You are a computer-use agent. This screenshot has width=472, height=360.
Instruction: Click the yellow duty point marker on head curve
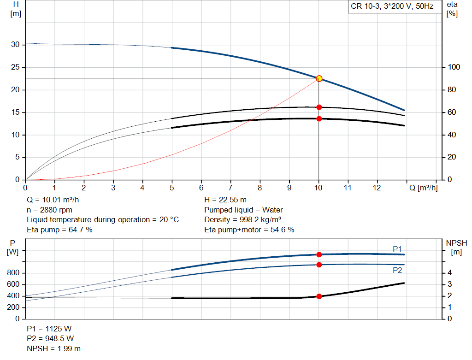click(x=319, y=78)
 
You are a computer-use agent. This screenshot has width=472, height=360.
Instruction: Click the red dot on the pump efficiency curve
click(x=319, y=107)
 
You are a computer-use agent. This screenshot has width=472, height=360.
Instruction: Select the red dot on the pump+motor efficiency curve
click(x=319, y=119)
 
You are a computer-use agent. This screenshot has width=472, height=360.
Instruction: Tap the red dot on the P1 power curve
click(x=319, y=254)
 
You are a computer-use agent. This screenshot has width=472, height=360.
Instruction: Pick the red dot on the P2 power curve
click(x=319, y=265)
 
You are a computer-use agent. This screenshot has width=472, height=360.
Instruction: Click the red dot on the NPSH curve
click(x=319, y=296)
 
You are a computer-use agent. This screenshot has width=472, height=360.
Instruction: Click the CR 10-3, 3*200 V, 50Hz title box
click(x=392, y=7)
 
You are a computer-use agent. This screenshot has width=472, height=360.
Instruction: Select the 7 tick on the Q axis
click(x=230, y=188)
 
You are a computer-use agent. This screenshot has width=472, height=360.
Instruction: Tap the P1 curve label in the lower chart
click(x=397, y=249)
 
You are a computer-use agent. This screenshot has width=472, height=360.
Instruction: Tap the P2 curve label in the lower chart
click(x=397, y=270)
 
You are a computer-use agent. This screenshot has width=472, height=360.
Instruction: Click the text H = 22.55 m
click(x=225, y=200)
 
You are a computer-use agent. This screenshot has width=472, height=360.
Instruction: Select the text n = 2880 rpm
click(x=52, y=210)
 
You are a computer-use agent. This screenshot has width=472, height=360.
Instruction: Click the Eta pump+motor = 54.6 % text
click(x=249, y=230)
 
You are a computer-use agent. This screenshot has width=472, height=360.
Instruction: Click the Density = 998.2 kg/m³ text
click(x=243, y=220)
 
